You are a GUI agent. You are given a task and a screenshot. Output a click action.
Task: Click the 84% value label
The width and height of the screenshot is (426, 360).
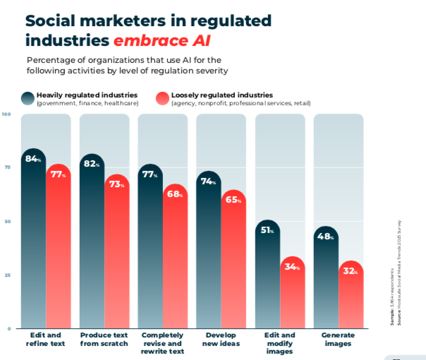point(33,159)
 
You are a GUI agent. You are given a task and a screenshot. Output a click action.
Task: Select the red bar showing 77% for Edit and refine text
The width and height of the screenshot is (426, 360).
point(59,247)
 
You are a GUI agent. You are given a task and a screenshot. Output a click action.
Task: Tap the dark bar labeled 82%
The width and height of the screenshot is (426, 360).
point(92,240)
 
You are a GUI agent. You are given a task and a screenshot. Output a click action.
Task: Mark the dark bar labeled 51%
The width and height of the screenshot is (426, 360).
point(267,275)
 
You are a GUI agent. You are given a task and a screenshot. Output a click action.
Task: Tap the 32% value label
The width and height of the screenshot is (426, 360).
point(351,270)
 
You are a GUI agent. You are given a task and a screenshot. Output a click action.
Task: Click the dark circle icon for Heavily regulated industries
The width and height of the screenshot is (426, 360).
point(28,99)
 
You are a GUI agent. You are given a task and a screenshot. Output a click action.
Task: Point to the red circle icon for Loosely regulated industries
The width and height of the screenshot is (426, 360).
point(163,99)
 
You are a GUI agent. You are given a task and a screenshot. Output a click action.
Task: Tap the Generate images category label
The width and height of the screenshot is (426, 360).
point(338,339)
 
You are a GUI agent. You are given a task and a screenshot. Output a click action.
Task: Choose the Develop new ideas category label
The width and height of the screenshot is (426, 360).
point(221,339)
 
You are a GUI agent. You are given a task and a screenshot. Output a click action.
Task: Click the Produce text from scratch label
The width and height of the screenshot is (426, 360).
point(104,339)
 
